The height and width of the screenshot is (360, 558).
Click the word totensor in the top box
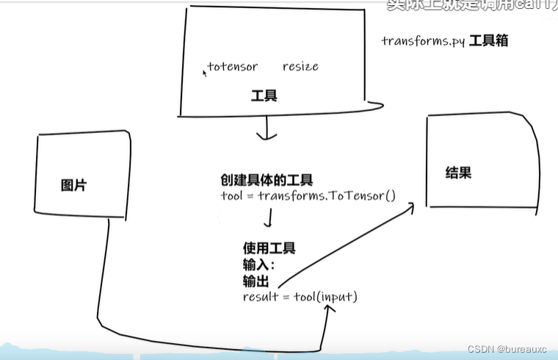tap(233, 67)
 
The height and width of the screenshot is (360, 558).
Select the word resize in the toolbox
tap(300, 67)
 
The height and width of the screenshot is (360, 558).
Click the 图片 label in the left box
tap(73, 186)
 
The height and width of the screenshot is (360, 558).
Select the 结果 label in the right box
tap(458, 173)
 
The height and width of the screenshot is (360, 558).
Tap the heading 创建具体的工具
tap(267, 180)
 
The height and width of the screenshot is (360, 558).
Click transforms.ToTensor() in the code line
tap(327, 196)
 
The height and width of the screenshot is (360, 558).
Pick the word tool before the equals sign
tap(231, 196)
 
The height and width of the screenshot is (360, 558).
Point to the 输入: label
tap(258, 264)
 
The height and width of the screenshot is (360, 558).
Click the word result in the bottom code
tap(259, 297)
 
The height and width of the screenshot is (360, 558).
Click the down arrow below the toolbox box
tap(265, 133)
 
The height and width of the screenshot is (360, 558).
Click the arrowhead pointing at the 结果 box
tap(408, 207)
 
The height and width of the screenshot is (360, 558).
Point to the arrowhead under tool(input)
tap(328, 309)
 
